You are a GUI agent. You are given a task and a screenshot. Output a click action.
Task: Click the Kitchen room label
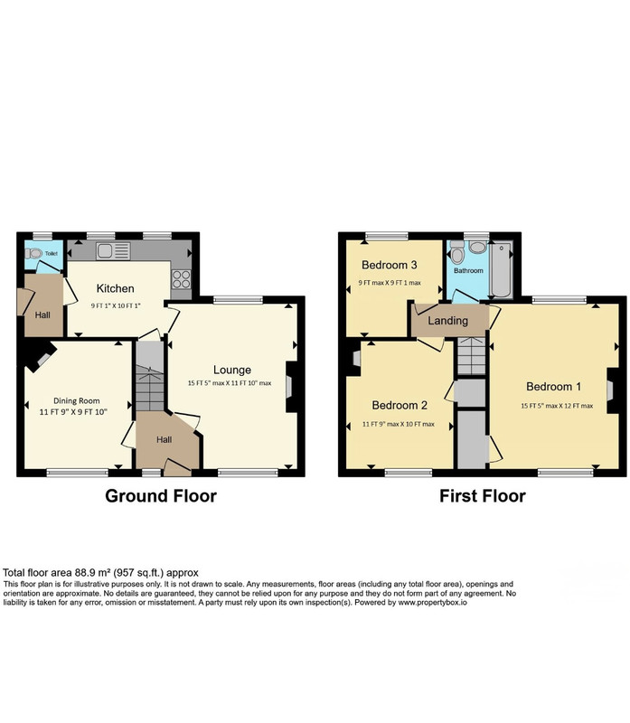[116, 288]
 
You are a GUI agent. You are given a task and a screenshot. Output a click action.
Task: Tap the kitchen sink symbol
[114, 251]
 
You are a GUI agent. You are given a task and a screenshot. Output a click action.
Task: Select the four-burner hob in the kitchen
[181, 279]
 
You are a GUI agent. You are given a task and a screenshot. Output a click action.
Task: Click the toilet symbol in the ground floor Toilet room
[33, 253]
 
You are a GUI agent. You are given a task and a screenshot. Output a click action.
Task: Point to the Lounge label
[232, 370]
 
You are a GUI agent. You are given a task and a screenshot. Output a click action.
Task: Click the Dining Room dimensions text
[73, 412]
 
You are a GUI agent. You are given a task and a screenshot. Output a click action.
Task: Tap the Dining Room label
[77, 400]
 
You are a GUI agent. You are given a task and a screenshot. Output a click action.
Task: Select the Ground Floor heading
[161, 496]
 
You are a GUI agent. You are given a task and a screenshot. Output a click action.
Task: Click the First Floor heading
[483, 496]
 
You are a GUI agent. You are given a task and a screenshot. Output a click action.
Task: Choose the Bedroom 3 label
[390, 265]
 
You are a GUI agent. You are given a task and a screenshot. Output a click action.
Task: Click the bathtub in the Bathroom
[501, 269]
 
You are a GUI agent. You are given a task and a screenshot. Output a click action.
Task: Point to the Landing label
[447, 321]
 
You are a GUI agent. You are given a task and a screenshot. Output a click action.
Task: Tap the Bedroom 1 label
[553, 387]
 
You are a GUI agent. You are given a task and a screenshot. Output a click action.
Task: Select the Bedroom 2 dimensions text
[399, 424]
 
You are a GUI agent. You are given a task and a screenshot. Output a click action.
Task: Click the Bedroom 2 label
[400, 405]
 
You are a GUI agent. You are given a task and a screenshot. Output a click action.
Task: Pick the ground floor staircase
[150, 376]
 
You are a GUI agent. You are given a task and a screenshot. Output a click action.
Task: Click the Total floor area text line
[100, 573]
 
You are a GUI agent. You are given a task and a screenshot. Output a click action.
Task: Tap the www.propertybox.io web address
[432, 603]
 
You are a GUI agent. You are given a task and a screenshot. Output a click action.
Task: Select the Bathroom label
[468, 270]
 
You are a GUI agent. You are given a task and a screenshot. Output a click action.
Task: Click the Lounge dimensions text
[230, 383]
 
